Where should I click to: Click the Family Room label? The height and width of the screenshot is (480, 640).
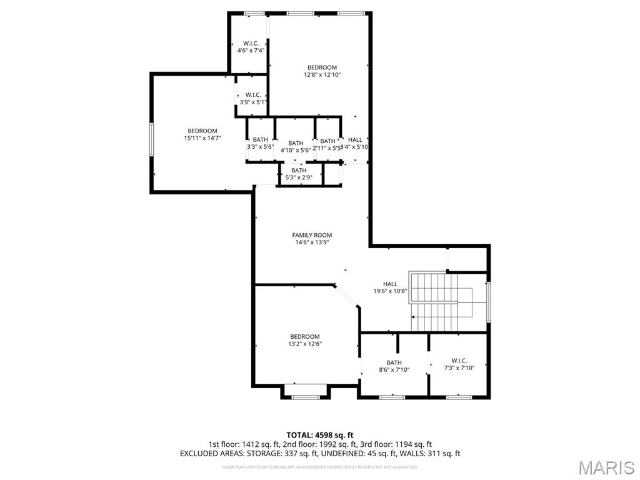pyautogui.click(x=312, y=239)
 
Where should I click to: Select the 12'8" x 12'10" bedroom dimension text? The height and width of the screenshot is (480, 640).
pyautogui.click(x=322, y=75)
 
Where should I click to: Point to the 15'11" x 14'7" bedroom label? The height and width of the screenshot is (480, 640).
pyautogui.click(x=202, y=134)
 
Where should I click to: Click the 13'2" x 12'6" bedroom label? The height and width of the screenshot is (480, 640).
pyautogui.click(x=304, y=340)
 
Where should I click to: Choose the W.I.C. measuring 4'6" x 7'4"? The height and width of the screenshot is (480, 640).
pyautogui.click(x=247, y=47)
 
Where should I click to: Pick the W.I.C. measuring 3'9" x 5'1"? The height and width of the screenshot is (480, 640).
pyautogui.click(x=252, y=98)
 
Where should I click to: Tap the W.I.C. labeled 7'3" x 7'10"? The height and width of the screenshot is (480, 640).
pyautogui.click(x=459, y=364)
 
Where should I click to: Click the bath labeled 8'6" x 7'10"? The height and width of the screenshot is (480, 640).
pyautogui.click(x=394, y=366)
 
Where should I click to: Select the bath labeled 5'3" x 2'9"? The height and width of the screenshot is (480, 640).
pyautogui.click(x=299, y=174)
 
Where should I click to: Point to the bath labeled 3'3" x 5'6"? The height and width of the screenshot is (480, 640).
pyautogui.click(x=260, y=143)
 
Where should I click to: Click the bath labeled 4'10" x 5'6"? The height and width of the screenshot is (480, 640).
pyautogui.click(x=296, y=147)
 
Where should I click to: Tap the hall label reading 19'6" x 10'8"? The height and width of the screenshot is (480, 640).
pyautogui.click(x=390, y=287)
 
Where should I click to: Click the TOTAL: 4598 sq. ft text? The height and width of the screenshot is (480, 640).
pyautogui.click(x=320, y=435)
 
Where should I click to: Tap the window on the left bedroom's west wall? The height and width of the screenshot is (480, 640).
pyautogui.click(x=151, y=139)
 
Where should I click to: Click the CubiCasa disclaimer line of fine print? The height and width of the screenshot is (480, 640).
pyautogui.click(x=320, y=467)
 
